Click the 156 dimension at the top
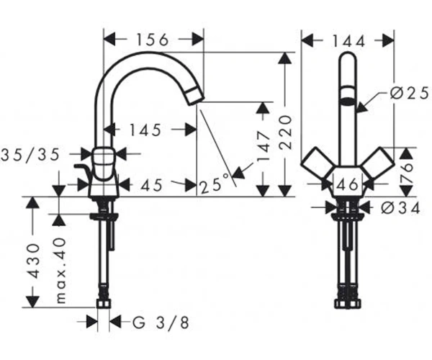coord(153,40)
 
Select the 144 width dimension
coord(348,42)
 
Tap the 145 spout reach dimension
coord(145,130)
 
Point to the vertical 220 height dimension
coord(285,132)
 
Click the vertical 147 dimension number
coord(263,148)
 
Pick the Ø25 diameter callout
coord(410,93)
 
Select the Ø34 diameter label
coord(400,208)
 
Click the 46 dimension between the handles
coord(349,184)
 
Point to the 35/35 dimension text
coord(30,155)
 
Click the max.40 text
coord(60,271)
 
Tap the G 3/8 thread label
coord(161,323)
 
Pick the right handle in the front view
coord(379,163)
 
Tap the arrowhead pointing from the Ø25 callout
coord(362,108)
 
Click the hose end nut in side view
coord(104,304)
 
